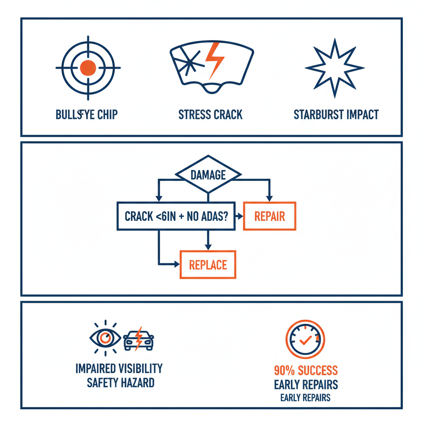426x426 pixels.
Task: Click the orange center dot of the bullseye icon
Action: (x=88, y=67)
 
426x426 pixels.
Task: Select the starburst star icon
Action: (x=334, y=68)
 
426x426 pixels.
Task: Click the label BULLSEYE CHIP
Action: (x=87, y=114)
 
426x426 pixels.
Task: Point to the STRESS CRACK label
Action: (x=210, y=114)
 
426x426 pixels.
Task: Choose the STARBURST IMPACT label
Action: (x=336, y=114)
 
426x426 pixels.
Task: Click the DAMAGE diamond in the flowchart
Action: (x=208, y=175)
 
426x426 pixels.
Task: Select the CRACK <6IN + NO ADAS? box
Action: (x=176, y=216)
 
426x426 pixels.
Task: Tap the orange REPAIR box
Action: (x=269, y=216)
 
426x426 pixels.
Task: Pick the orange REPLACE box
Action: (x=208, y=265)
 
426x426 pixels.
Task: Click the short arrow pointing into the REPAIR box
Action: (x=239, y=216)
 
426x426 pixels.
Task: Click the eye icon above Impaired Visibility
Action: (x=106, y=338)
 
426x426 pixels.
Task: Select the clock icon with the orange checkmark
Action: (x=305, y=339)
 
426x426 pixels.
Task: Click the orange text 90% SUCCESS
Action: (x=306, y=370)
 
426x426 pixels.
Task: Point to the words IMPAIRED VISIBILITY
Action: (x=119, y=369)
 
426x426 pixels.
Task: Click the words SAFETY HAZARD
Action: (x=120, y=382)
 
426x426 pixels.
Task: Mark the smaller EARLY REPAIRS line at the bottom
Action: (x=305, y=398)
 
